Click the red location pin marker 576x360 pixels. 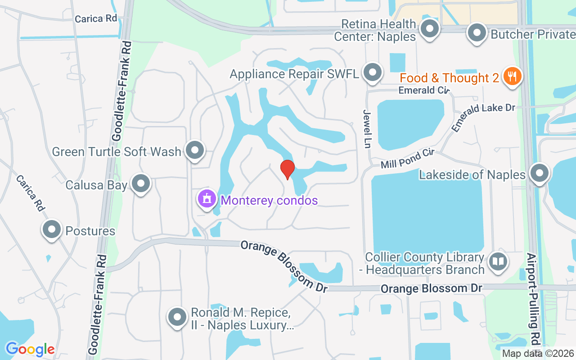[x=287, y=169]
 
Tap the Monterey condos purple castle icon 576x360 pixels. [x=207, y=199]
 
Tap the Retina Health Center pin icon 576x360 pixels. [x=430, y=29]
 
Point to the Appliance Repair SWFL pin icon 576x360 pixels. [x=372, y=72]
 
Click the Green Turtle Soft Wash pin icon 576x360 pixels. [x=195, y=150]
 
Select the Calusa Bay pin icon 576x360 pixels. [x=141, y=184]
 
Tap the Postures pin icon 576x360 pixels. [x=52, y=229]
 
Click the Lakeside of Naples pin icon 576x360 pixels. [x=540, y=173]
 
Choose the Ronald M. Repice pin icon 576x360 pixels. [x=177, y=317]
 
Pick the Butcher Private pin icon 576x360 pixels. [x=477, y=33]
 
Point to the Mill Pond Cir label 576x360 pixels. [x=407, y=159]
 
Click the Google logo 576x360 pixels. [x=30, y=349]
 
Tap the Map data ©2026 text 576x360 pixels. [x=538, y=354]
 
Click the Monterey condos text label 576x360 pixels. [x=270, y=200]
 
